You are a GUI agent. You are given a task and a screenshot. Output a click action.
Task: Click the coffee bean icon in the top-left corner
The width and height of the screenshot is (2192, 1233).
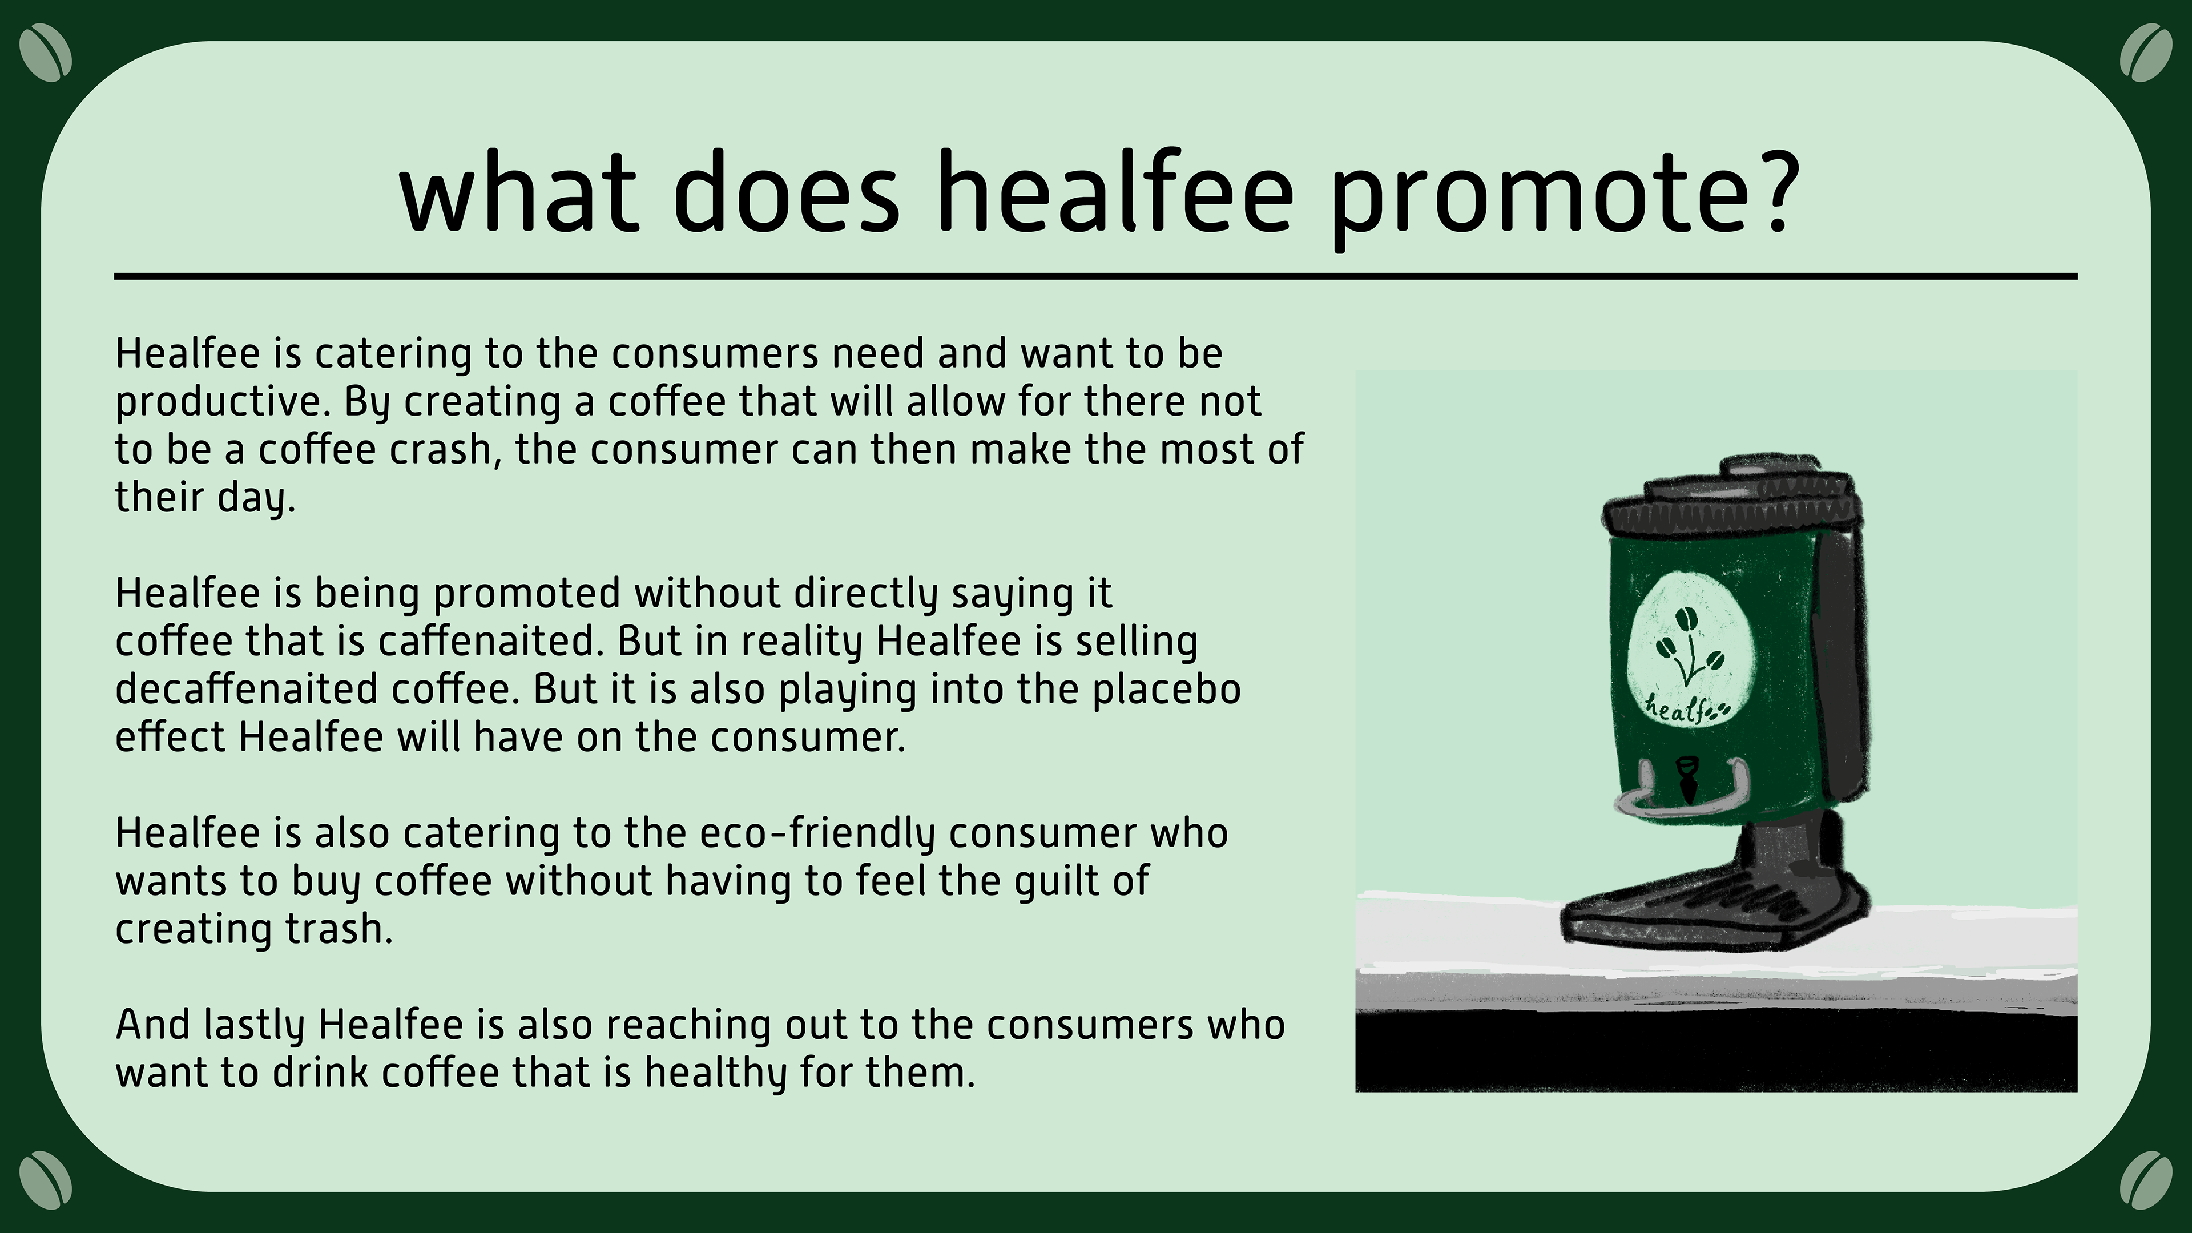(x=45, y=53)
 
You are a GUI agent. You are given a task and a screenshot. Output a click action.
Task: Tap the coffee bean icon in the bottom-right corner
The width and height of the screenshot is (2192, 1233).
(x=2146, y=1180)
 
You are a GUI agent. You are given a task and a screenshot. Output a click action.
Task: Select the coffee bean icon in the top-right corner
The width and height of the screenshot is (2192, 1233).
(x=2146, y=53)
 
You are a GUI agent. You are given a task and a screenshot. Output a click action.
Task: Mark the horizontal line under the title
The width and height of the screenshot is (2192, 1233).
(x=1096, y=276)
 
